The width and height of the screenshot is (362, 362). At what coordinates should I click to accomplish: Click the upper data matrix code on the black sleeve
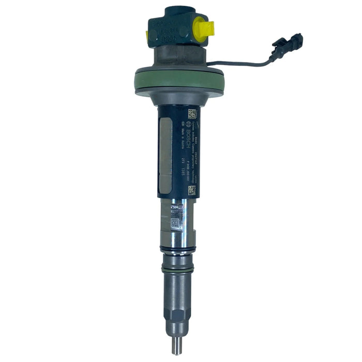click(x=192, y=114)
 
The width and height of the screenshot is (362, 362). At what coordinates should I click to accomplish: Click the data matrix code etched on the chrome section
click(x=175, y=223)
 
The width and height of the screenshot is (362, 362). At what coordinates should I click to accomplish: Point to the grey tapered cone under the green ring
click(x=179, y=98)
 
